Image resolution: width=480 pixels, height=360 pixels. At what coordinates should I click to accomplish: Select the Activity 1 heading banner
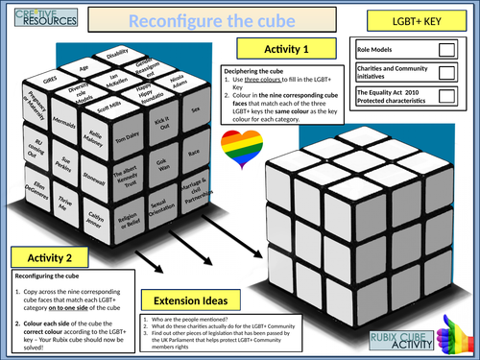(292, 48)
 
